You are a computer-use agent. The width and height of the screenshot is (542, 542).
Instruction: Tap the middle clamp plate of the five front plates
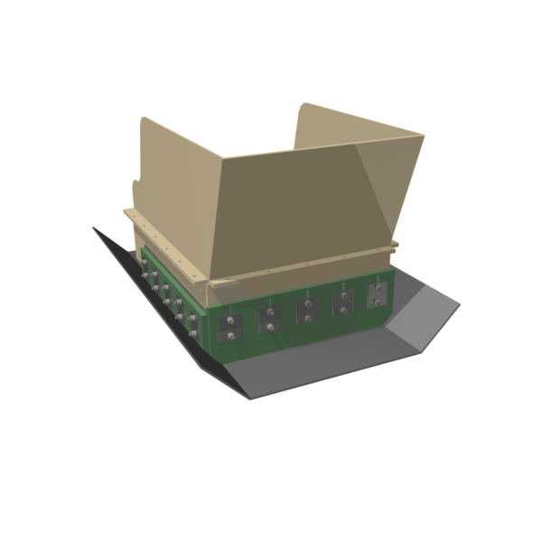coord(307,312)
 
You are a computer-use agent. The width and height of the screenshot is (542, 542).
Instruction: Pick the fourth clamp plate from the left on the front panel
coord(343,304)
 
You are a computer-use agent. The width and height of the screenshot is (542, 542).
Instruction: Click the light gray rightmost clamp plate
coord(377,294)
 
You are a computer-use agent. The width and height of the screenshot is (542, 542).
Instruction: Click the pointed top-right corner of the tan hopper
coord(423,136)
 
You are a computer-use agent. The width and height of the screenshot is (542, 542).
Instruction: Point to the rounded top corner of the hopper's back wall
coord(304,107)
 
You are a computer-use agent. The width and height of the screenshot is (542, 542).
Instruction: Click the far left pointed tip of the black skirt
coord(93,228)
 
